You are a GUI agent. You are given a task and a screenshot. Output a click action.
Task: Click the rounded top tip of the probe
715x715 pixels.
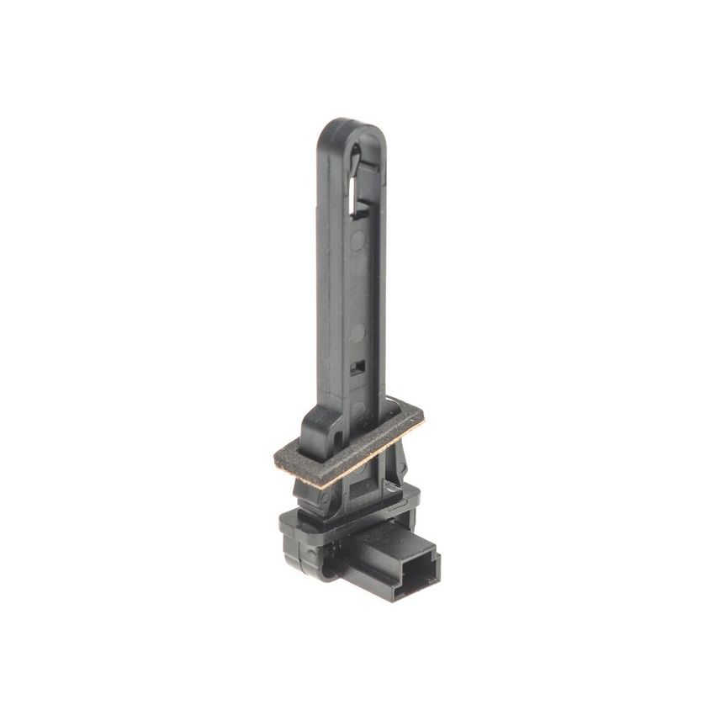tap(352, 124)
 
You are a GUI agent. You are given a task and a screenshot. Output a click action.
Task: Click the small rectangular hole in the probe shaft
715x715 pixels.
tap(359, 367)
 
